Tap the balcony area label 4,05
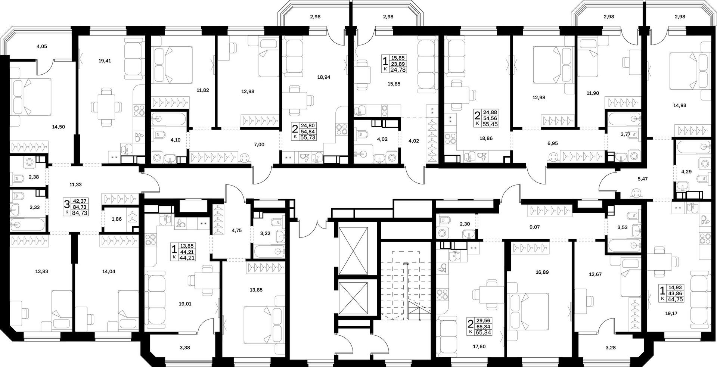point(42,47)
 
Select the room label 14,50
point(59,127)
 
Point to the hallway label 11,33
point(76,184)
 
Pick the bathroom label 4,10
point(175,141)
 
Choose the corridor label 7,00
point(259,144)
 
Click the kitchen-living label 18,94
point(323,77)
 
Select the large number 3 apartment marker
point(67,205)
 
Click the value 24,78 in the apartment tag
point(398,70)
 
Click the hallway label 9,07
point(535,227)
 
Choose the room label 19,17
point(670,314)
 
